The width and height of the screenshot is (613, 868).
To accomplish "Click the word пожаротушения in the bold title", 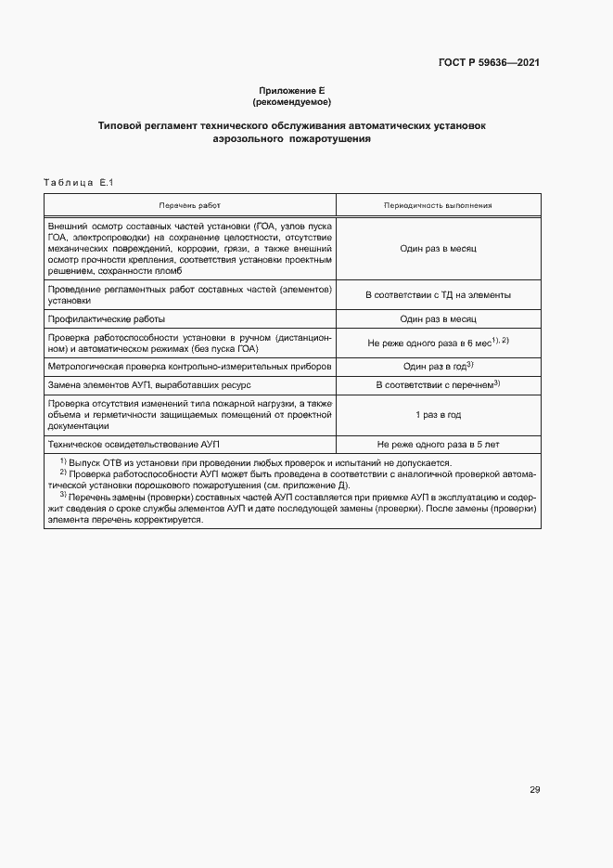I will (330, 138).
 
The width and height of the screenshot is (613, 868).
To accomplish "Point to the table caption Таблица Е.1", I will (78, 183).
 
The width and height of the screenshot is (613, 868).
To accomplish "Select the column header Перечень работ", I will (189, 204).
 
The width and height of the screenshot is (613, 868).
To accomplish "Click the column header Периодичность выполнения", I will (438, 204).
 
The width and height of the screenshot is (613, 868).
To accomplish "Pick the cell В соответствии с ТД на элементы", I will (438, 295).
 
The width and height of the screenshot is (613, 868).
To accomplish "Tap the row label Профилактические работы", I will (106, 318).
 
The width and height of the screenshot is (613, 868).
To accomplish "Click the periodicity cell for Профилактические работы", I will (438, 318).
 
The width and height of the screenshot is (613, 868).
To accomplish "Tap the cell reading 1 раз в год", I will (438, 414).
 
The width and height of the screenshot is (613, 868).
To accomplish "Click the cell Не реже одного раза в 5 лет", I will (438, 445).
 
